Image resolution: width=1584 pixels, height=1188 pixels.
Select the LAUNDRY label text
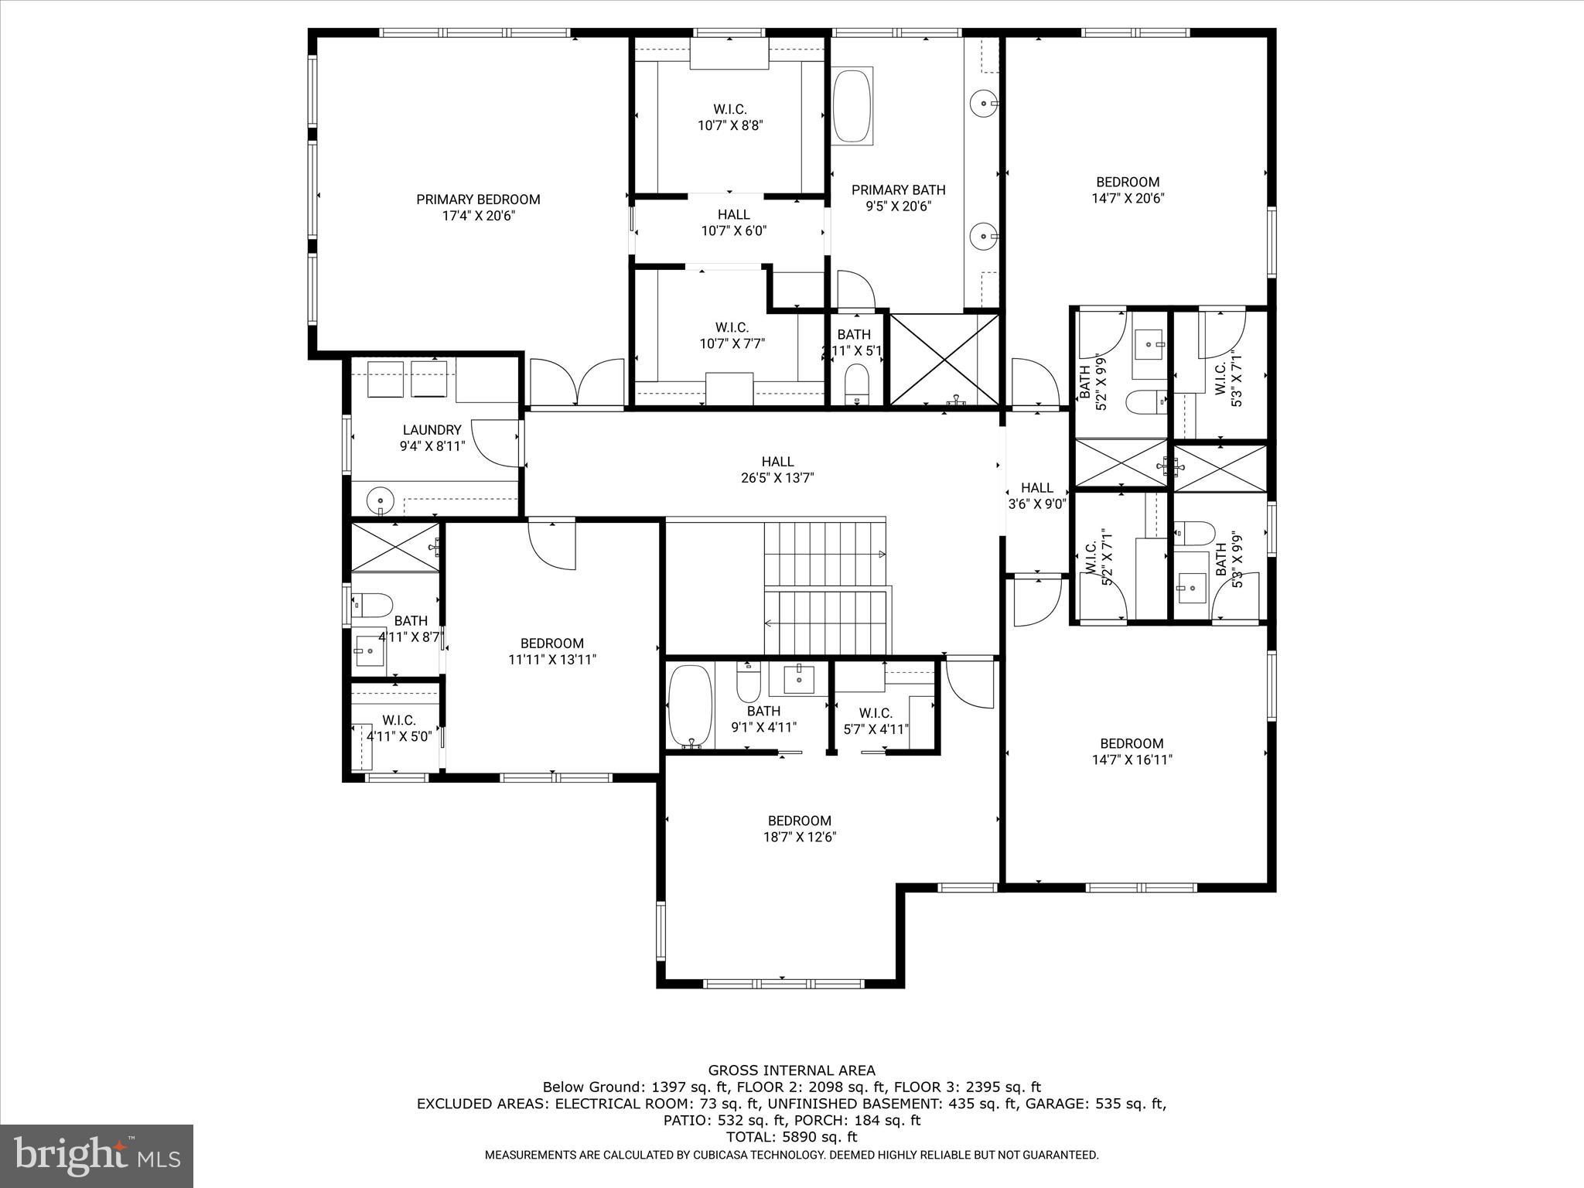(432, 430)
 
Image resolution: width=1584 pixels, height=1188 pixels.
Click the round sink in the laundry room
(380, 500)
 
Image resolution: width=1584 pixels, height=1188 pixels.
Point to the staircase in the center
(826, 588)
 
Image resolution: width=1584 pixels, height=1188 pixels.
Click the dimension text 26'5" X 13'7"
(777, 478)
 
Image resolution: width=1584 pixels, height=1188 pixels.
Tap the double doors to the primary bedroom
(576, 383)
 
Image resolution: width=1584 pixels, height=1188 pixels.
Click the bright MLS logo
(97, 1156)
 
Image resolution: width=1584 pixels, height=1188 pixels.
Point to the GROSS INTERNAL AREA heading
(791, 1070)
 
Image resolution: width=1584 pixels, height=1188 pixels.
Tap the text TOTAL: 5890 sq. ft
(791, 1137)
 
